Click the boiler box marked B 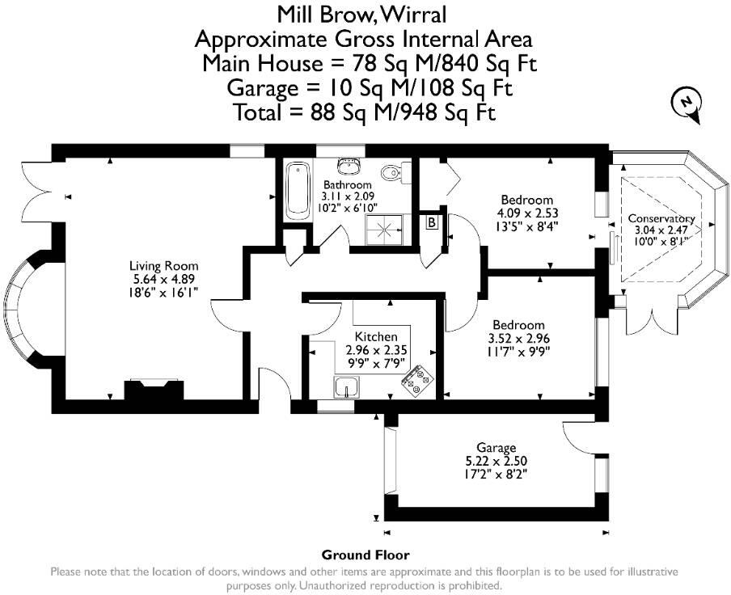coord(432,222)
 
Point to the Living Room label coord(164,265)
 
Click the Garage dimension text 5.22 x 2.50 coord(496,461)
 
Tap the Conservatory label coord(661,218)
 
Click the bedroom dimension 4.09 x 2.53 coord(526,213)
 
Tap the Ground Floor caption coord(365,555)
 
